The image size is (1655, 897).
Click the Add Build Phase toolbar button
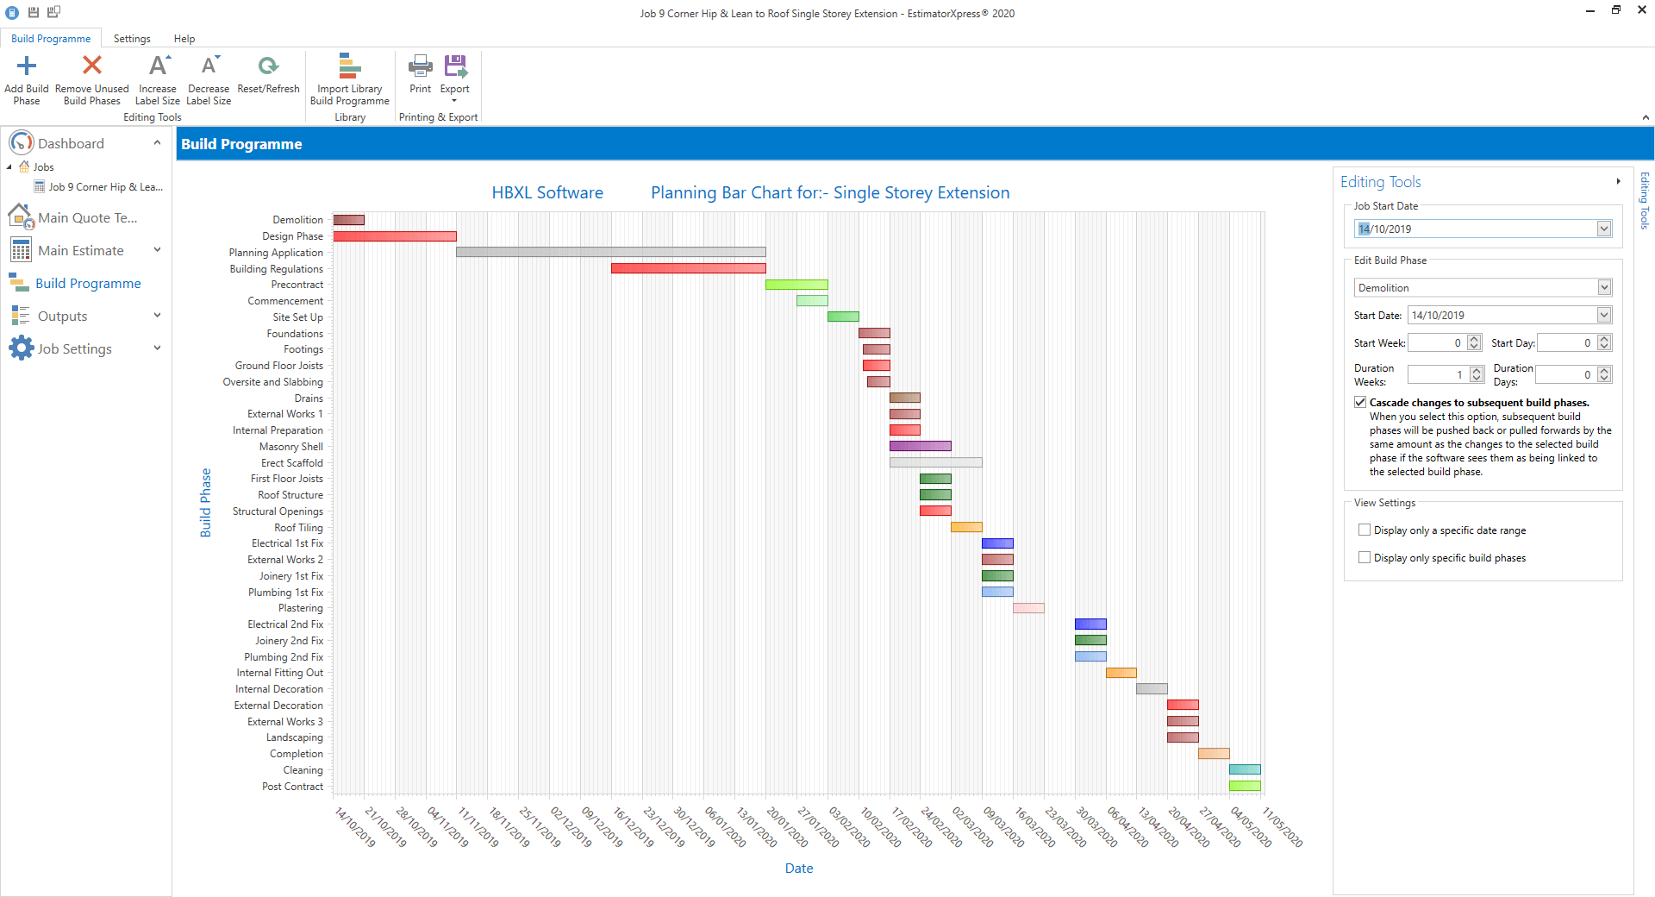27,79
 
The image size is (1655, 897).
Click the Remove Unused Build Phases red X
92,66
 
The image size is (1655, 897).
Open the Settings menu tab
132,39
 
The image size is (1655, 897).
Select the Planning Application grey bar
610,252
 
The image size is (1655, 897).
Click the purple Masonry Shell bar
921,446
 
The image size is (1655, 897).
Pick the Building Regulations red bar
688,268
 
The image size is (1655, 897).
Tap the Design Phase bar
395,236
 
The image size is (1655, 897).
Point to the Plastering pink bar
1028,608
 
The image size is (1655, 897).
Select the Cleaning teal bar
1245,769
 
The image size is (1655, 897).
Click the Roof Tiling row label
298,528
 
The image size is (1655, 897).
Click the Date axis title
799,869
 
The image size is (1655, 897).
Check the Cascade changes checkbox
1360,403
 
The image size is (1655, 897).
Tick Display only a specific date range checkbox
1365,530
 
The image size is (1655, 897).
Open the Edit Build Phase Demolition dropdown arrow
1604,287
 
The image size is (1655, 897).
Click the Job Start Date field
1476,229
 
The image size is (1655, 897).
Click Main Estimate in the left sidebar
81,251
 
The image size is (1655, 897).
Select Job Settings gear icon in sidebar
21,348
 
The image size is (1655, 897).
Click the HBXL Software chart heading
547,193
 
